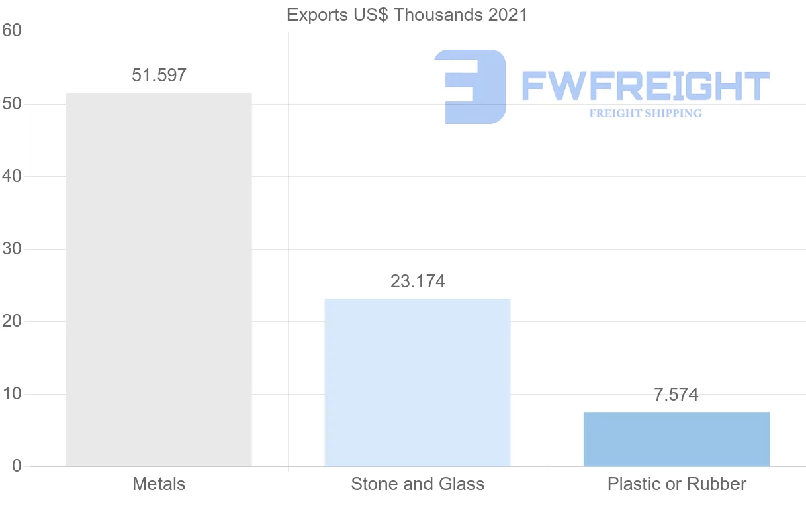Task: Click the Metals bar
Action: point(159,279)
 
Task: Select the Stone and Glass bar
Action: point(417,382)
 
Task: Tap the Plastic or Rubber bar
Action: point(676,439)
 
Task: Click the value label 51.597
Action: point(159,75)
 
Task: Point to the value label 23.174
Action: point(417,281)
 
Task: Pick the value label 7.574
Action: point(676,395)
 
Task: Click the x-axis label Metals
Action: point(159,484)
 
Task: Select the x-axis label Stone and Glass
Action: point(417,484)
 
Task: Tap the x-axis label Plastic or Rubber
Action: point(676,484)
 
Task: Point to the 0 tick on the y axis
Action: point(17,466)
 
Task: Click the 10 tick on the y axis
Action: point(12,394)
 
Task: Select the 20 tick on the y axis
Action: point(12,321)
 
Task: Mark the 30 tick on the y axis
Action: point(12,249)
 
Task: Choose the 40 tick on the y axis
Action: point(12,176)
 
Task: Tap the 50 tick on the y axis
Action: point(12,104)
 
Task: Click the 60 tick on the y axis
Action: point(12,32)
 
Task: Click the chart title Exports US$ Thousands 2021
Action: point(407,15)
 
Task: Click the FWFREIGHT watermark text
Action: point(645,87)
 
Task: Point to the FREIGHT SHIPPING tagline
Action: point(645,113)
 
